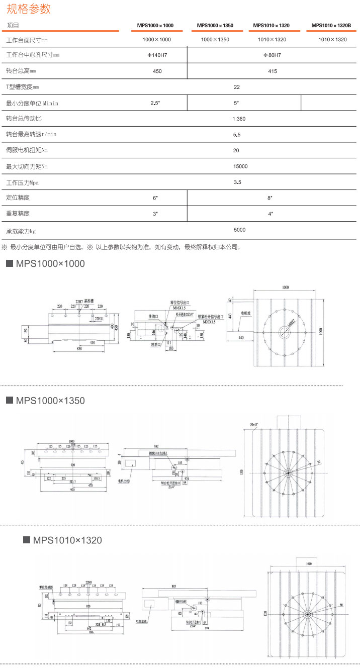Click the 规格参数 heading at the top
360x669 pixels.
coord(29,9)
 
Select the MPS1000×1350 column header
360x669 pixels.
coord(215,25)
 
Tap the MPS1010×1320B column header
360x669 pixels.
coord(331,25)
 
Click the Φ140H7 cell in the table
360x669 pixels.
coord(157,55)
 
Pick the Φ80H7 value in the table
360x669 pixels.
coord(272,55)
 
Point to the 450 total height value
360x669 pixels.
coord(157,71)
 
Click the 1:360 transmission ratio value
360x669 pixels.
coord(239,119)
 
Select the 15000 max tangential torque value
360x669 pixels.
coord(240,166)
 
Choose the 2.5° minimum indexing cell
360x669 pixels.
coord(155,103)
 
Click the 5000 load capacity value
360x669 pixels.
coord(240,230)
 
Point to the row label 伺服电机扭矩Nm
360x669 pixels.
coord(27,150)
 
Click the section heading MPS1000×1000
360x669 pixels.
coord(50,263)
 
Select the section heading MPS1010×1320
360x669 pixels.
coord(67,540)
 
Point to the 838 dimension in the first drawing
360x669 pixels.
coord(78,348)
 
